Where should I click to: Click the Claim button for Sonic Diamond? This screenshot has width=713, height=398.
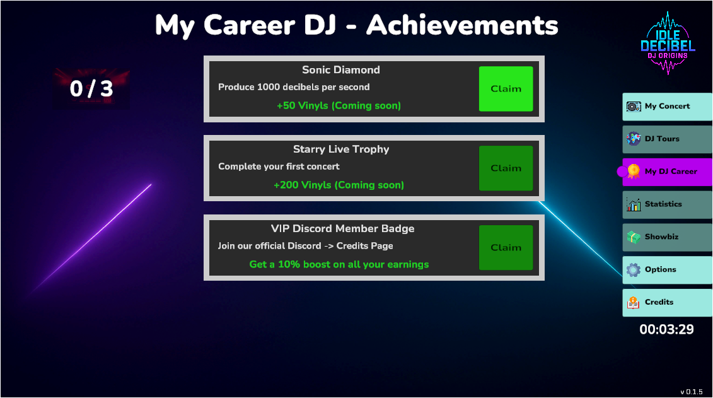[x=506, y=89]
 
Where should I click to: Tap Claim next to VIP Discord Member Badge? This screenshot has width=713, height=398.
[x=506, y=247]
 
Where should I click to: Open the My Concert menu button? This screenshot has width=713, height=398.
[x=667, y=107]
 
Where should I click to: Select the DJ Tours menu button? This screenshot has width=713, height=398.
[x=667, y=139]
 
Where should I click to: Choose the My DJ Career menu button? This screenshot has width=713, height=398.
[x=667, y=172]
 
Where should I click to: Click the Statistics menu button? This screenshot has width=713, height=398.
[x=667, y=205]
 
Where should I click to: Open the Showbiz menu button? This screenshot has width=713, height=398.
[x=667, y=237]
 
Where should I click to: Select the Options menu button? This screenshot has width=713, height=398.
[x=667, y=270]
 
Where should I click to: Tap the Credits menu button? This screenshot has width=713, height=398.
[x=667, y=303]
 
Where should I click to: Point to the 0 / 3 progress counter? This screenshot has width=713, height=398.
[x=91, y=89]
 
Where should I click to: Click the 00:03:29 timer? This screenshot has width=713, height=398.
[x=666, y=329]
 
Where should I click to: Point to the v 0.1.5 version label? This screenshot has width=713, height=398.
[x=691, y=392]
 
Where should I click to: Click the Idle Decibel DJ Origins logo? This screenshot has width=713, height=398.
[x=668, y=44]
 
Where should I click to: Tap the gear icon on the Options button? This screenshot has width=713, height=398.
[x=634, y=270]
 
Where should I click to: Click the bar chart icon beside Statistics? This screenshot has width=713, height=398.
[x=634, y=205]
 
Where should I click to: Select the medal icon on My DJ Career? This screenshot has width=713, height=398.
[x=634, y=172]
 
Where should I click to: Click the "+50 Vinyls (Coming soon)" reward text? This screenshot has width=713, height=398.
[x=339, y=105]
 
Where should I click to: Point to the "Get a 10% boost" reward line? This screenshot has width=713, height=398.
[x=339, y=264]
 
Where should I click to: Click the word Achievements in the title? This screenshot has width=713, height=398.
[x=463, y=25]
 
